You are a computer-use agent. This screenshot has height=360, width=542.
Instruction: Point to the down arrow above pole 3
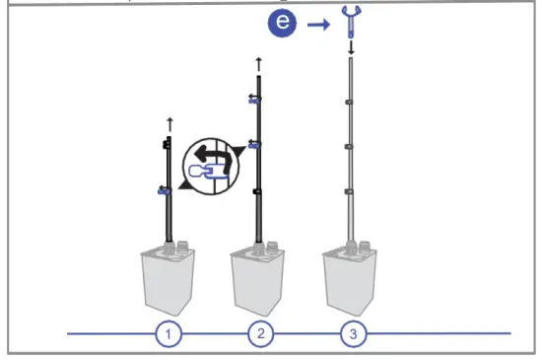pos(352,47)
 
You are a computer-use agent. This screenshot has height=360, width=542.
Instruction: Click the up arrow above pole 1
pos(169,123)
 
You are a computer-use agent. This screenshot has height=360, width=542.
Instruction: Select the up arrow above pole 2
pos(259,63)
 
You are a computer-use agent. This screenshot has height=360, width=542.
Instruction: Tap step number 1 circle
pos(169,334)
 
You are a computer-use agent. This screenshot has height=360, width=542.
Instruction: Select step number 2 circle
pos(260,334)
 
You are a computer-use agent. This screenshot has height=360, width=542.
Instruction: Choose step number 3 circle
pos(353,334)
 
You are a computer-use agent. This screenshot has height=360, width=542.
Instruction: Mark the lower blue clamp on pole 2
pos(255,144)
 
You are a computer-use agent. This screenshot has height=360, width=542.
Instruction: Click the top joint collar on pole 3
pos(352,102)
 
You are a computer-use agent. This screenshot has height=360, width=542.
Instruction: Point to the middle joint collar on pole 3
pos(352,146)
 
